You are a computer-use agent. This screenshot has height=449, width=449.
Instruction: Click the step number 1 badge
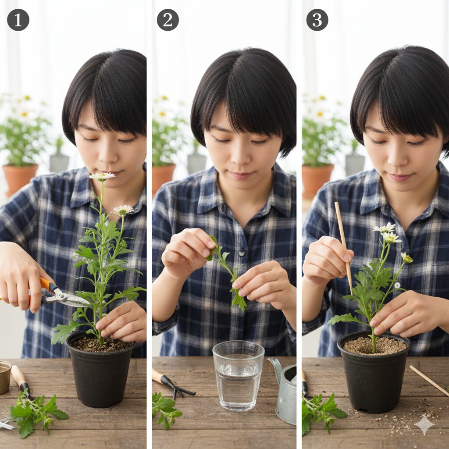(18, 20)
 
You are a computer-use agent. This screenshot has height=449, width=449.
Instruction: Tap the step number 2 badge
(168, 20)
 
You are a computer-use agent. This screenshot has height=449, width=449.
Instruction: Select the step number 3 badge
(317, 20)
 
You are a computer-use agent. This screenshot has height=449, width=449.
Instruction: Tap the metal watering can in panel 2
(285, 390)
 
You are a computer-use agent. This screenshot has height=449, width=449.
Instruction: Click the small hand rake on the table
(173, 384)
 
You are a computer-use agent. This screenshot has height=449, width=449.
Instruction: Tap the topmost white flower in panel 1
(102, 176)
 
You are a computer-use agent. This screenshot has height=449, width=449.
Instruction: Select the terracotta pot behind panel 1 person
(20, 178)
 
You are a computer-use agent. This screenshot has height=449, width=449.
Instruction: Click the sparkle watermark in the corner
(424, 424)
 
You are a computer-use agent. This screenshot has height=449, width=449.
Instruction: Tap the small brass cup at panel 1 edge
(5, 377)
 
